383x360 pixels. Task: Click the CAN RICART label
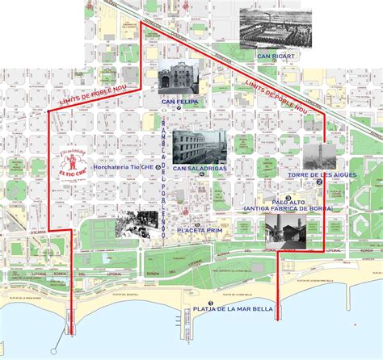coord(275,57)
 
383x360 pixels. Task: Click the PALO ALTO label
coord(288,202)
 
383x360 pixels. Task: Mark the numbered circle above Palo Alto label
coord(288,195)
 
